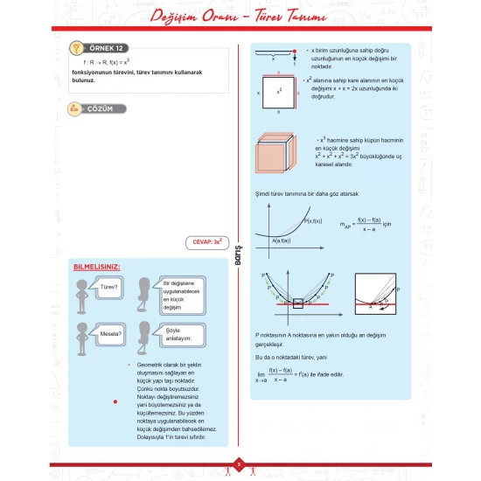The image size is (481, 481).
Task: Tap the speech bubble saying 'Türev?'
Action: point(109,286)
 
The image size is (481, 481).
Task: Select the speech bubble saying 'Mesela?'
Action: point(109,333)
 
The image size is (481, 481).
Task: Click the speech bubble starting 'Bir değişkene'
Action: point(181,295)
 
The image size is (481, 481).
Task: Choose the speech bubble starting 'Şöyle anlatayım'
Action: point(181,333)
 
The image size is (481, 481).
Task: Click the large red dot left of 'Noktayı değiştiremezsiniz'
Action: point(115,401)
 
